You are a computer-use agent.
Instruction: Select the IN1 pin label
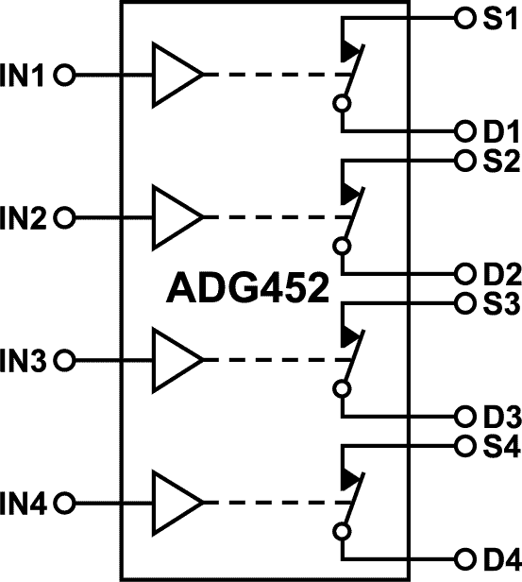(26, 75)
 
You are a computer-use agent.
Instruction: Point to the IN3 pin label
(26, 360)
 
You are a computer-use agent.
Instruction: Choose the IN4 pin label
(26, 502)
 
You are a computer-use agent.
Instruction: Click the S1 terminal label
(495, 19)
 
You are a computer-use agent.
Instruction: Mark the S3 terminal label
(496, 304)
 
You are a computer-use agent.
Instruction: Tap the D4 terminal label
(496, 557)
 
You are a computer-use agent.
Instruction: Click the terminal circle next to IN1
(64, 75)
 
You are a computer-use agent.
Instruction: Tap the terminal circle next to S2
(463, 160)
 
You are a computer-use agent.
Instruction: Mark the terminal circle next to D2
(463, 274)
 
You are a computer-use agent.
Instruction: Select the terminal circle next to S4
(463, 443)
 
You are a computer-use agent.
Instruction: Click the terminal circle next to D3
(463, 416)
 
